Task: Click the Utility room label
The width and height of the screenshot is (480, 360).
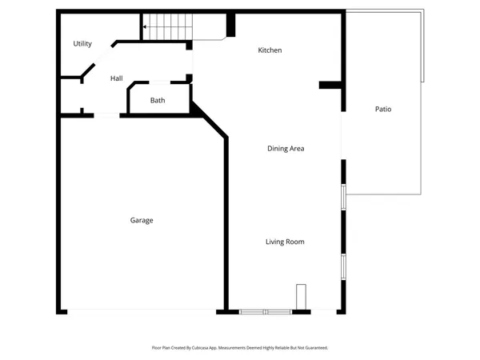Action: (x=82, y=44)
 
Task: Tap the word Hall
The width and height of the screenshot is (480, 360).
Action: (x=116, y=78)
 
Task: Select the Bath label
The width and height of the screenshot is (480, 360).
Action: (x=158, y=101)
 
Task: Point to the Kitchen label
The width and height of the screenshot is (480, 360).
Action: (x=270, y=50)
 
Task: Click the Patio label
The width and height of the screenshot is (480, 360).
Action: (x=383, y=109)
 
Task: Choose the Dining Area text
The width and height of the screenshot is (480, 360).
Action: (x=286, y=148)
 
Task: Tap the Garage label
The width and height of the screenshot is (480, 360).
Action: (x=142, y=220)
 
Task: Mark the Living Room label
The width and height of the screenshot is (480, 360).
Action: (x=285, y=242)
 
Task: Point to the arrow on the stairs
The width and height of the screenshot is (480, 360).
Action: (x=146, y=26)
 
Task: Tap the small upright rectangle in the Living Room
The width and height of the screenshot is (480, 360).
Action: (x=301, y=296)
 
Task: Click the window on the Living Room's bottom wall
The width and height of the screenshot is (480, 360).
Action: (x=266, y=311)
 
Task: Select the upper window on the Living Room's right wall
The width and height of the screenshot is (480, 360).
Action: (x=343, y=197)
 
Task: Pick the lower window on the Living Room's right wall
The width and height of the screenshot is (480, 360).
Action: (x=343, y=266)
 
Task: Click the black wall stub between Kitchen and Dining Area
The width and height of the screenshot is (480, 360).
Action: (x=330, y=85)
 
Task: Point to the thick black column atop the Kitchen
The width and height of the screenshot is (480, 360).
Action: (x=231, y=24)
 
